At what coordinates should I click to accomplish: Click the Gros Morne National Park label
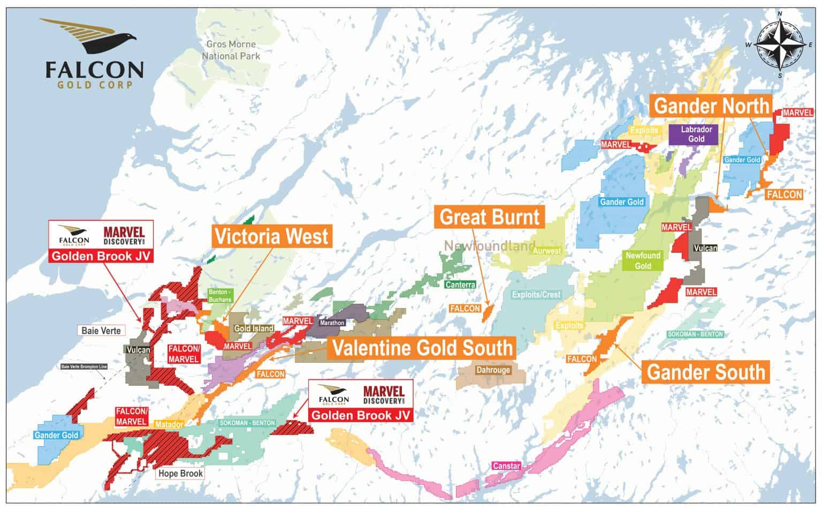(231, 50)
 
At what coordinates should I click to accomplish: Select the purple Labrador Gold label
(696, 134)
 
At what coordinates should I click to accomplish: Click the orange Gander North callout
(711, 106)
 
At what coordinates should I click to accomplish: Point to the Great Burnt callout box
(489, 217)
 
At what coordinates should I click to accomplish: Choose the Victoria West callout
(271, 236)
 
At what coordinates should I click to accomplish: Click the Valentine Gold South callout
(422, 348)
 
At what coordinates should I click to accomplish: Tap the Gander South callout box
(706, 372)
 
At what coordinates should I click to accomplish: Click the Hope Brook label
(180, 474)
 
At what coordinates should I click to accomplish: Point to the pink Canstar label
(506, 466)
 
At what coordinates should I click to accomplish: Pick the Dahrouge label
(493, 370)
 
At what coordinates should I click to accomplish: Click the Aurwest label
(547, 251)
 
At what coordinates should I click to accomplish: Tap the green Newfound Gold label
(643, 261)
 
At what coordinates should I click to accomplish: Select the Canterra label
(460, 284)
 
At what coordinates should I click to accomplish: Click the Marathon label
(332, 323)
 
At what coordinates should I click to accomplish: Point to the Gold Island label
(254, 328)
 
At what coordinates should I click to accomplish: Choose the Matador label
(169, 425)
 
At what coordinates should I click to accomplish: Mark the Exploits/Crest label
(536, 295)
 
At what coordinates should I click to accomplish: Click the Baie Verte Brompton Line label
(85, 367)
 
